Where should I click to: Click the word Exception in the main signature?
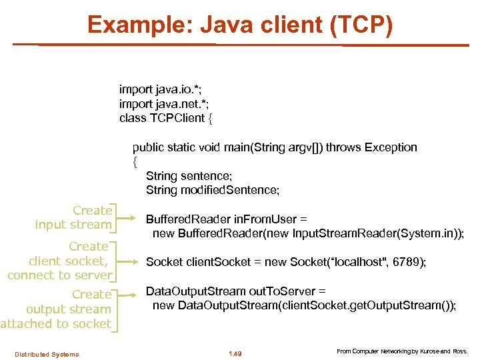[391, 147]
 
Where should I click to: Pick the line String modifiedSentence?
[213, 190]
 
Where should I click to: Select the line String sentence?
[189, 176]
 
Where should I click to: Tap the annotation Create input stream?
[73, 218]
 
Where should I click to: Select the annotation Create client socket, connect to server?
[60, 261]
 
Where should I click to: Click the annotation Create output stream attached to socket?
[57, 309]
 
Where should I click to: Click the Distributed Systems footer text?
[47, 354]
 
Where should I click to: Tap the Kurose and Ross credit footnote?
[401, 351]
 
